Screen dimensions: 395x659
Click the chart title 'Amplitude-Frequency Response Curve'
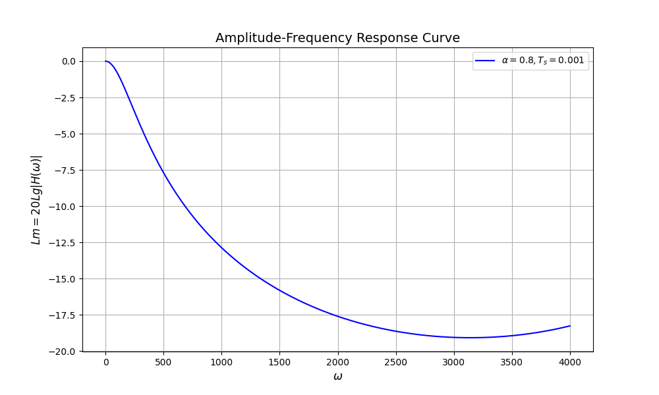pos(337,38)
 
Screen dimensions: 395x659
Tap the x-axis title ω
pos(337,377)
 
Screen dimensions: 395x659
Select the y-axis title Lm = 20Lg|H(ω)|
pos(37,199)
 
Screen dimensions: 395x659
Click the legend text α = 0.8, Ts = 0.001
pos(543,61)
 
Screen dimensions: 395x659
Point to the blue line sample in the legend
pos(485,61)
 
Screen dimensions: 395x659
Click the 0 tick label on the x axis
pos(105,361)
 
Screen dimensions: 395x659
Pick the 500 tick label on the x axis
pos(163,361)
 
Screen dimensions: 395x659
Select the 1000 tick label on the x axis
pos(221,361)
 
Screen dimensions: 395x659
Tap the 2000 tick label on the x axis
pos(337,361)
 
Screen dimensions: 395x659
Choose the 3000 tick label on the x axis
pos(453,361)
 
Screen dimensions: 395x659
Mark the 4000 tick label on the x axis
pos(570,361)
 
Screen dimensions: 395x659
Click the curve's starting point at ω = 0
pos(105,61)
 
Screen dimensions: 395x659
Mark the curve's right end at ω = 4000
pos(570,326)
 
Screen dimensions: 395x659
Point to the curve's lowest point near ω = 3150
pos(471,338)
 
